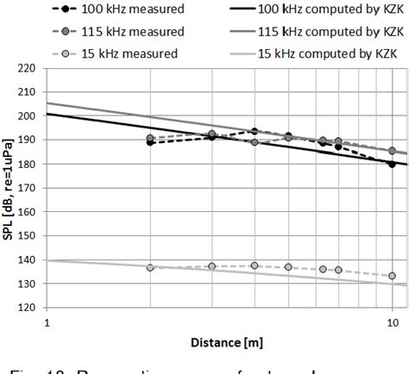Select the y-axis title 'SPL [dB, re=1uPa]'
click(x=8, y=188)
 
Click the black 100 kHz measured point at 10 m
click(x=393, y=164)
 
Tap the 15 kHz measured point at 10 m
click(x=393, y=276)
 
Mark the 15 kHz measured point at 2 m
click(x=151, y=268)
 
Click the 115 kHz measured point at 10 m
click(x=393, y=151)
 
